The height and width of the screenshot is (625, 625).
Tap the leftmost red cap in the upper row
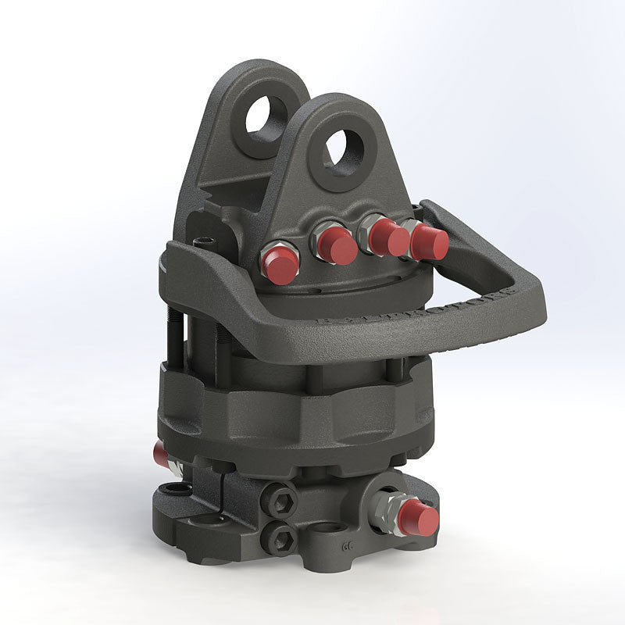click(x=280, y=266)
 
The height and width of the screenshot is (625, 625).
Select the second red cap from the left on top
click(x=337, y=247)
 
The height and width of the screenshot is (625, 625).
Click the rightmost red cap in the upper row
click(x=429, y=242)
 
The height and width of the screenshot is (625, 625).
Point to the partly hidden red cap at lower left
click(x=161, y=454)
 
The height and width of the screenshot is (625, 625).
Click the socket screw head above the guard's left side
click(x=205, y=241)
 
